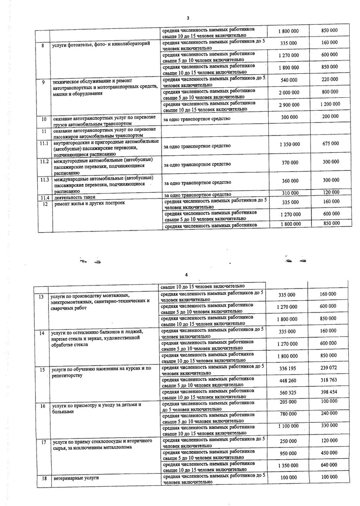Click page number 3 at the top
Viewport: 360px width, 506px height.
(x=188, y=18)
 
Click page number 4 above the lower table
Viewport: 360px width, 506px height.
(x=185, y=275)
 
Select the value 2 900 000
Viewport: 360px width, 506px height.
(x=288, y=104)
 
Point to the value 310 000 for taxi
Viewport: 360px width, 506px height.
(x=288, y=193)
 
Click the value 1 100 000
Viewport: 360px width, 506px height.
(x=288, y=426)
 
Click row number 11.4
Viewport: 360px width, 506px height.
(x=44, y=198)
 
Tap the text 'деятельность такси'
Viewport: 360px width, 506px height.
(x=76, y=198)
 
